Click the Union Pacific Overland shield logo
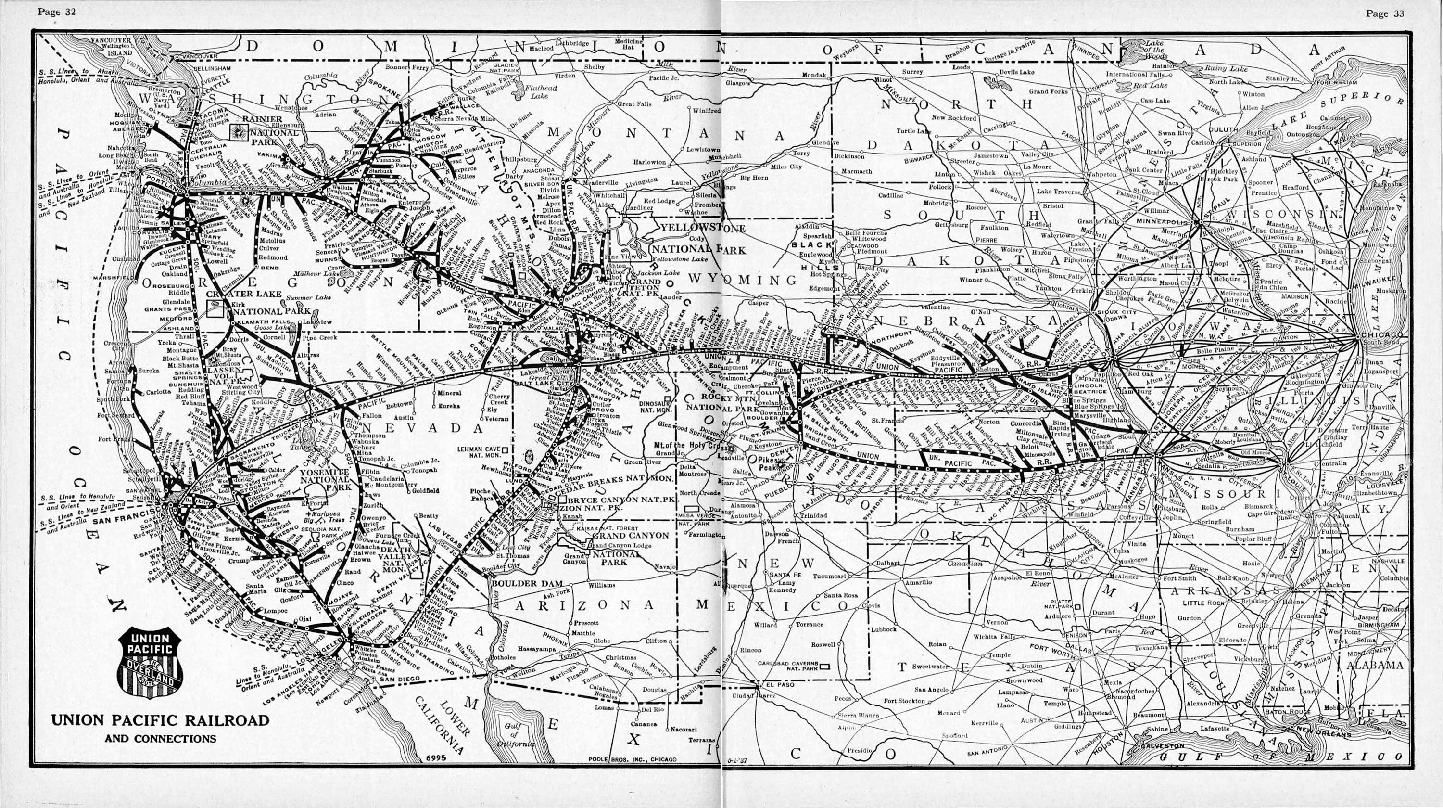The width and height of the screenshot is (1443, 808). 150,663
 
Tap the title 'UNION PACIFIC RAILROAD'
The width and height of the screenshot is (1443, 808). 160,720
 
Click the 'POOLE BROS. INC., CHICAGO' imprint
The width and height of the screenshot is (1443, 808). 633,759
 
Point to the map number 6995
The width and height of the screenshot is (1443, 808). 435,758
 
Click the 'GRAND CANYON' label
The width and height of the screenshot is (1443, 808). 631,535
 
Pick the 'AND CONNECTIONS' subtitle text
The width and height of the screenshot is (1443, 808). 160,739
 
